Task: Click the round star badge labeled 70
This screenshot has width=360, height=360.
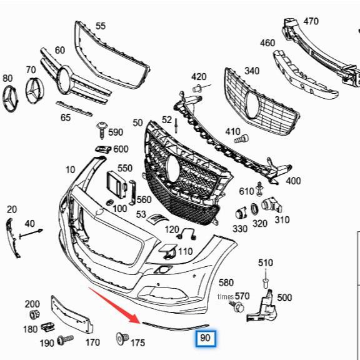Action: click(35, 94)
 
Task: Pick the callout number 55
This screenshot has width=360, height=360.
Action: click(100, 26)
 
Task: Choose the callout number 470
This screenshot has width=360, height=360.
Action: click(311, 21)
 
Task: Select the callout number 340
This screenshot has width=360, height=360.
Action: click(252, 71)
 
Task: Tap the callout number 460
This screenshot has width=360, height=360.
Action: click(267, 42)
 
